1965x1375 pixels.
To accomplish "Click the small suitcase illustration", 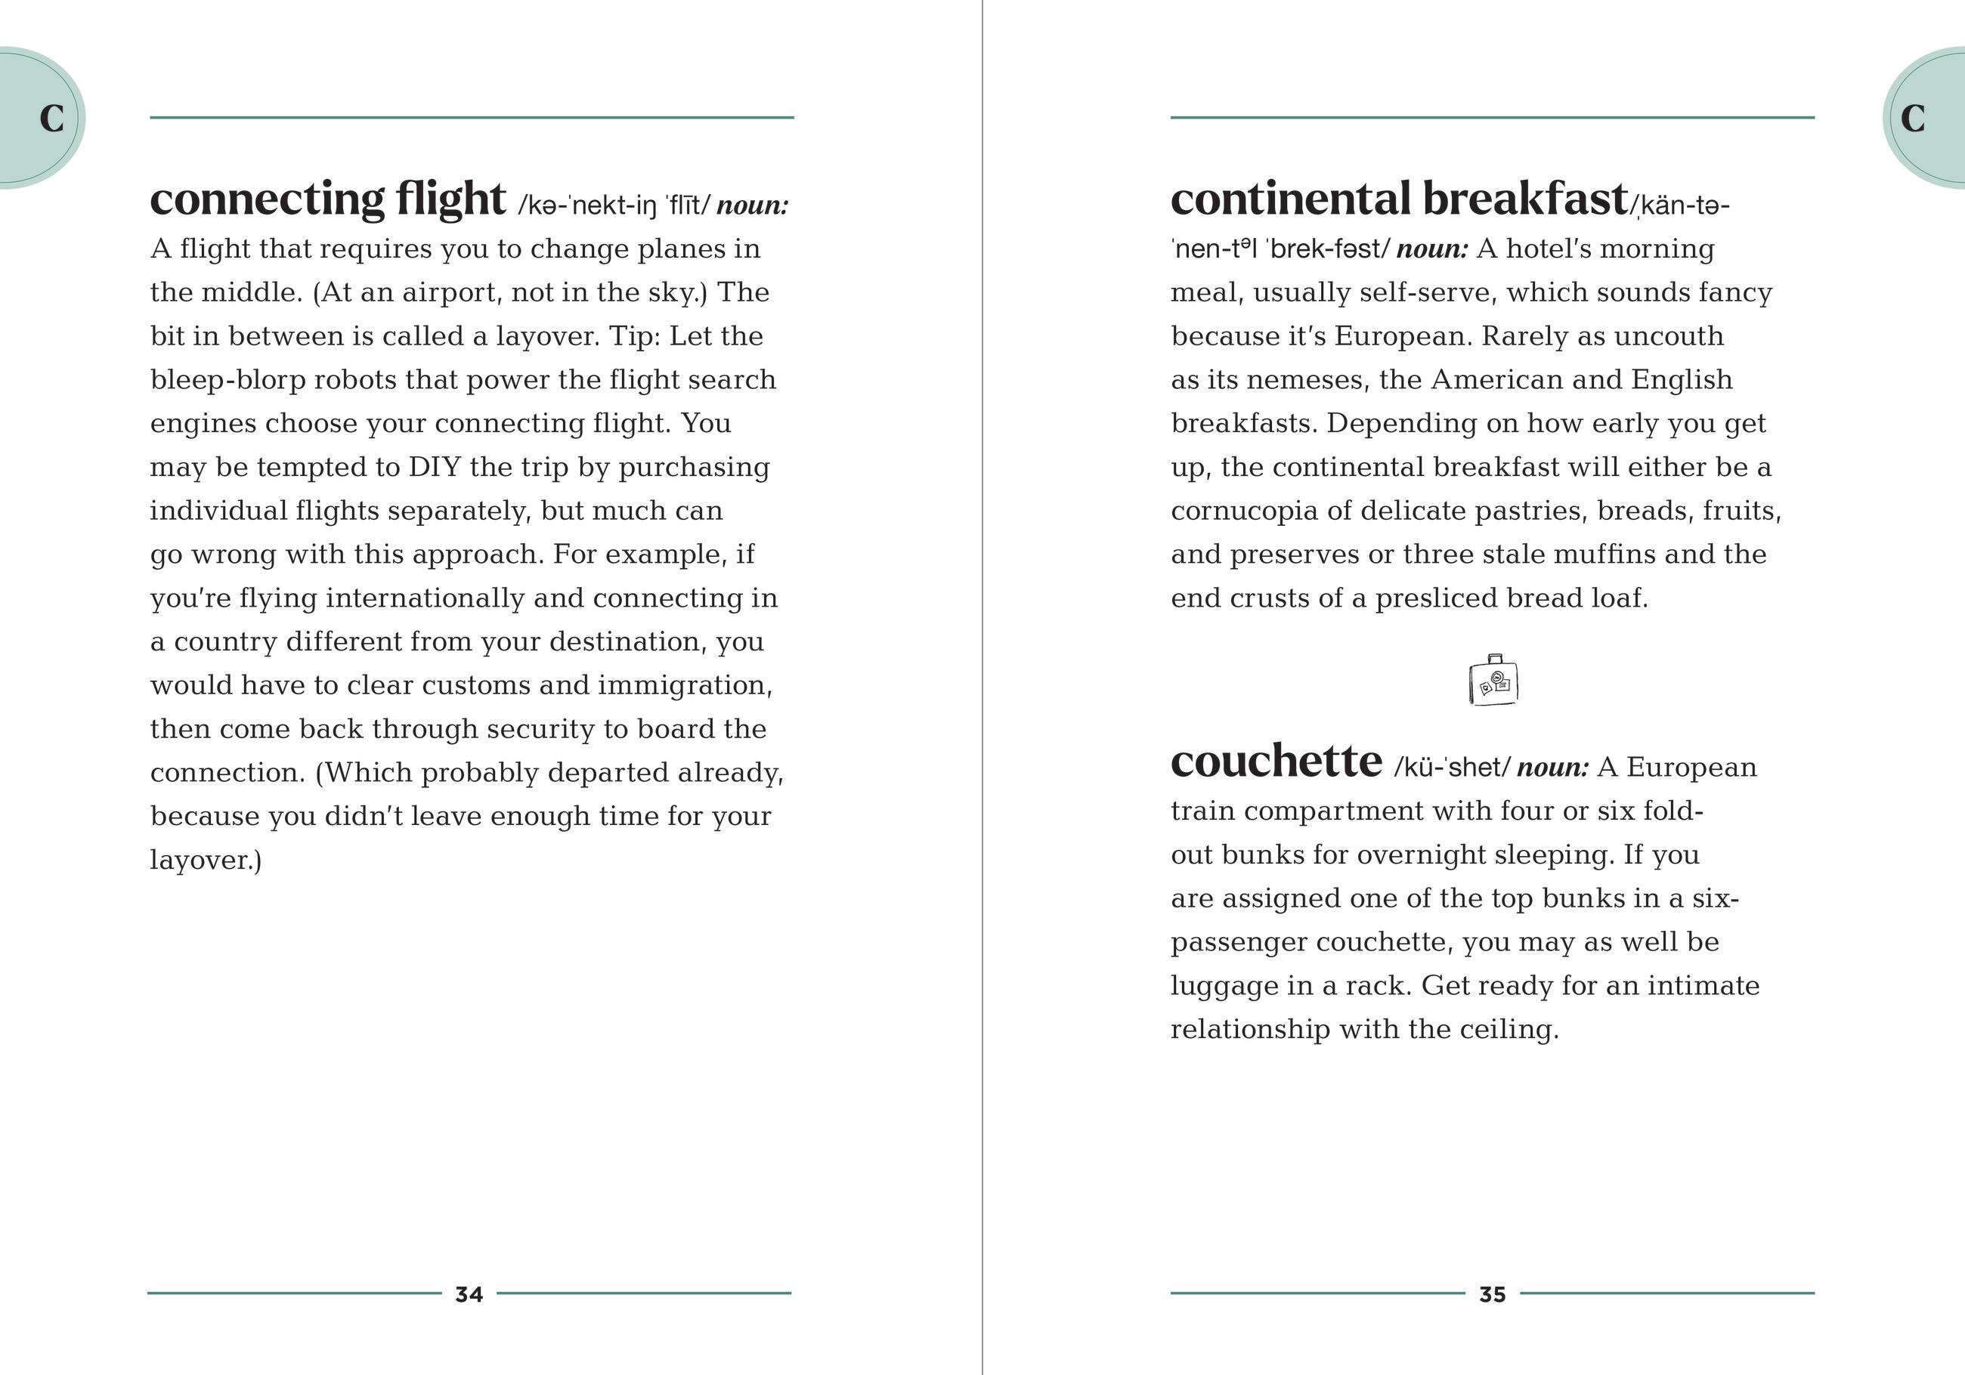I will pos(1493,681).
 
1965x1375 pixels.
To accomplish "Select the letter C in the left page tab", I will pos(51,119).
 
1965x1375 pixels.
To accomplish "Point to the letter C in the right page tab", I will pos(1912,119).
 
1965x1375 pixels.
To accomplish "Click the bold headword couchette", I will pos(1275,761).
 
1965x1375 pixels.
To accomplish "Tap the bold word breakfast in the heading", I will pos(1524,199).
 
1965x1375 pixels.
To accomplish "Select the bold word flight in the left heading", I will pos(450,199).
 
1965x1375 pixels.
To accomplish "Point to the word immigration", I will pos(685,685).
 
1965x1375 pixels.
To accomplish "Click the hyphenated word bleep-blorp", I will pos(227,380).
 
